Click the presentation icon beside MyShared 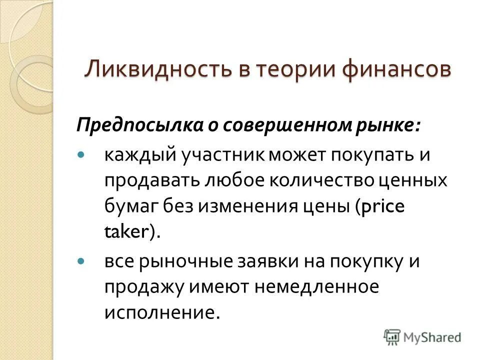(391, 336)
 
